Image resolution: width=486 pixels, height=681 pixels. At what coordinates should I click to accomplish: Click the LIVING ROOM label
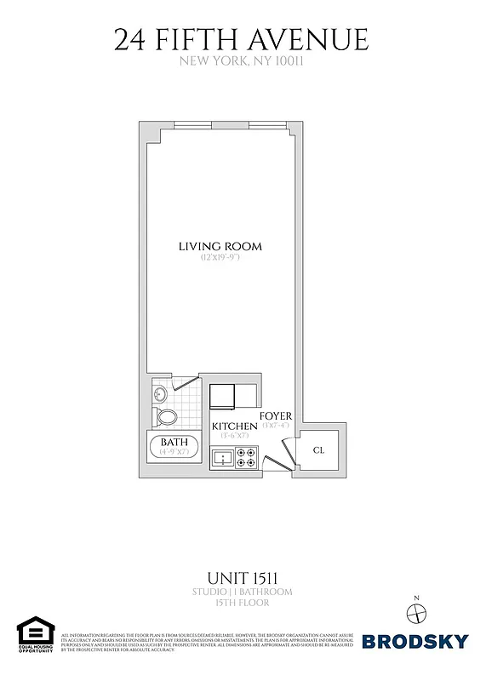click(x=220, y=247)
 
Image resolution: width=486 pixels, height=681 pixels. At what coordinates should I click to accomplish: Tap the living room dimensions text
click(x=220, y=257)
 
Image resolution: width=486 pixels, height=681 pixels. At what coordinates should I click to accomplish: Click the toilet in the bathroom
click(x=167, y=417)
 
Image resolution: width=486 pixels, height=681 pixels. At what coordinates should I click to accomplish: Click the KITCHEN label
click(x=234, y=426)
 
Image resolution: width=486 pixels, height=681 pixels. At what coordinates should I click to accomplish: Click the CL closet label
click(x=318, y=450)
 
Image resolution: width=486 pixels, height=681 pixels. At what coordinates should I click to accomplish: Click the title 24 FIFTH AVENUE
click(x=242, y=39)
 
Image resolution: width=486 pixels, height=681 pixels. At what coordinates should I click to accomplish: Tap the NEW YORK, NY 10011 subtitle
click(x=242, y=61)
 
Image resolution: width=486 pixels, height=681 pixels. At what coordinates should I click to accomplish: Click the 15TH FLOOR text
click(x=242, y=603)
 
